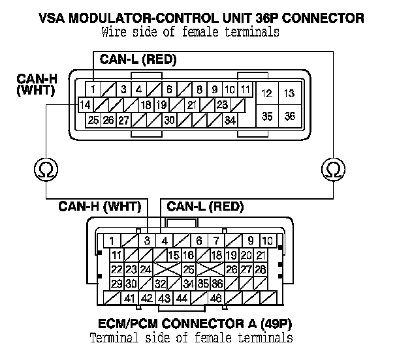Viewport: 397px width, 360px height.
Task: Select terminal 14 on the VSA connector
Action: pyautogui.click(x=84, y=105)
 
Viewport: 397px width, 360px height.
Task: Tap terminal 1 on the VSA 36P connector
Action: pyautogui.click(x=94, y=89)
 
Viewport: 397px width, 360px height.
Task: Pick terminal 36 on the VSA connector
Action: pyautogui.click(x=289, y=117)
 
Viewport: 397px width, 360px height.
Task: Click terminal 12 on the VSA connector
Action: pyautogui.click(x=266, y=94)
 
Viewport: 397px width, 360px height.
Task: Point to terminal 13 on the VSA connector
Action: pyautogui.click(x=289, y=94)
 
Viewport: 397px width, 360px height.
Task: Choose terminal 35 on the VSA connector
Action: pyautogui.click(x=266, y=117)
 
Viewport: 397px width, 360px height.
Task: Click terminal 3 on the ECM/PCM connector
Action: pyautogui.click(x=148, y=241)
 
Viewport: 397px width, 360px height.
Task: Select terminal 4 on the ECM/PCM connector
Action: pyautogui.click(x=165, y=241)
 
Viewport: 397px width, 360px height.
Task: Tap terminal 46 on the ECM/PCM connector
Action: pyautogui.click(x=214, y=298)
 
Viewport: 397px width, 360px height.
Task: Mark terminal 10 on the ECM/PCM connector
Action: pyautogui.click(x=268, y=241)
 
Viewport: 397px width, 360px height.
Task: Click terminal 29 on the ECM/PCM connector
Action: pyautogui.click(x=117, y=284)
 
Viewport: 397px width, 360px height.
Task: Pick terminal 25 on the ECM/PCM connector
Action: pyautogui.click(x=189, y=269)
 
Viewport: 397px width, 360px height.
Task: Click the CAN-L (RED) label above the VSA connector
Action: pyautogui.click(x=138, y=60)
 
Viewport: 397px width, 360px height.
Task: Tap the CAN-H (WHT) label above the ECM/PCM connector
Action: pyautogui.click(x=100, y=207)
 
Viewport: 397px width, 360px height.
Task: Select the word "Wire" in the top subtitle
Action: pyautogui.click(x=114, y=31)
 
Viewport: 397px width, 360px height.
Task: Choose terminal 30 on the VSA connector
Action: pyautogui.click(x=169, y=120)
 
